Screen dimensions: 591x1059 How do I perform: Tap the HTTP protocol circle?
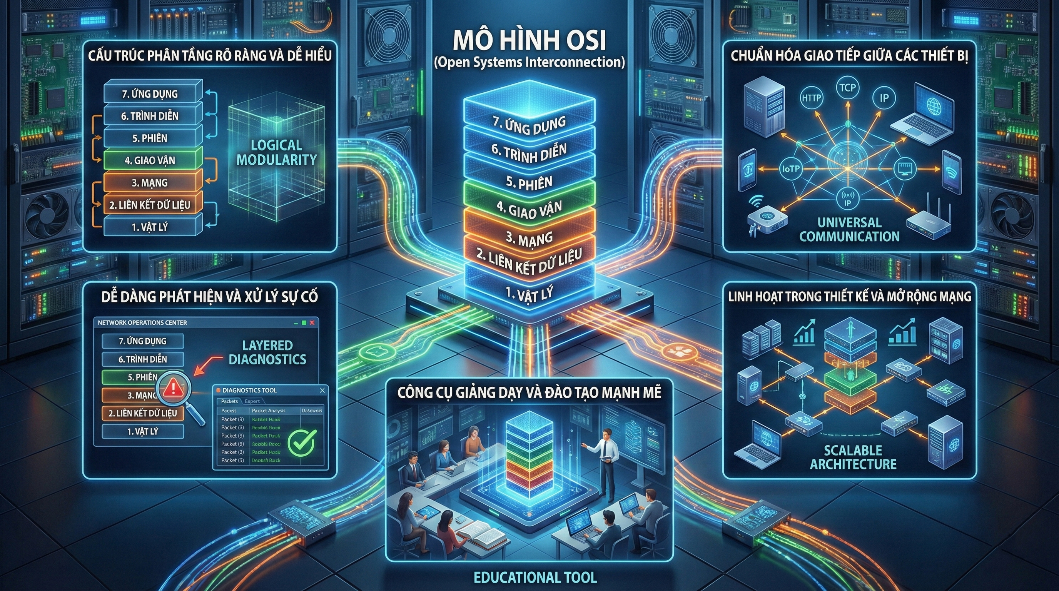tap(811, 98)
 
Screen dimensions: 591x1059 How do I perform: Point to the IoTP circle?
tap(790, 169)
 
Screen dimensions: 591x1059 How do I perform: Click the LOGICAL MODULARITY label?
tap(276, 152)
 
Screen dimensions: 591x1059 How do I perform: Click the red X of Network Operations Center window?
tap(312, 322)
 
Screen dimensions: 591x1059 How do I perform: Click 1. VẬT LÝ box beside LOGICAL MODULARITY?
tap(150, 227)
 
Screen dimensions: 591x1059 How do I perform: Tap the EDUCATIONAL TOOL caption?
tap(535, 578)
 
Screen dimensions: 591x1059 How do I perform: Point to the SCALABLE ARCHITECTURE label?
tap(853, 457)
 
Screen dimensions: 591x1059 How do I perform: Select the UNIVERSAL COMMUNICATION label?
tap(849, 229)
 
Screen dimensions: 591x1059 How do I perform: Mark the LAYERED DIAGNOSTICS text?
tap(267, 352)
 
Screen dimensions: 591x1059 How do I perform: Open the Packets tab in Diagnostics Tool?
tap(229, 401)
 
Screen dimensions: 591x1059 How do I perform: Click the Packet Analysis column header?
tap(269, 411)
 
